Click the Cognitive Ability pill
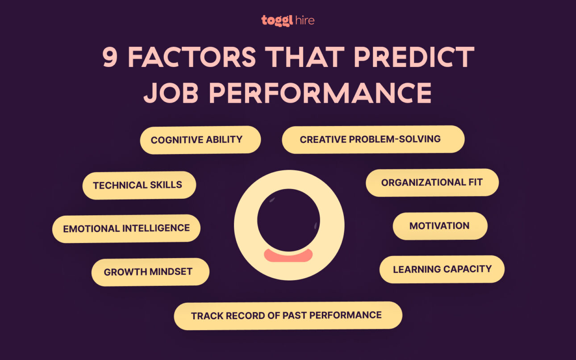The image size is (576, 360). [x=200, y=140]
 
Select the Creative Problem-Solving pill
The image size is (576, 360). [x=373, y=139]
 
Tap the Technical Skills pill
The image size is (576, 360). [x=139, y=185]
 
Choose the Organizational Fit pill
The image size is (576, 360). [x=432, y=182]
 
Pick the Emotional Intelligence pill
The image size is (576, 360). [x=126, y=229]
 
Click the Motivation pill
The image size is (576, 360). [x=440, y=226]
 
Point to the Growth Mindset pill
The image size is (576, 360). [x=150, y=272]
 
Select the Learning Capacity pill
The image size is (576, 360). [x=442, y=269]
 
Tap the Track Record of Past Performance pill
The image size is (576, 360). [x=288, y=316]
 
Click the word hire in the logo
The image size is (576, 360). [x=305, y=20]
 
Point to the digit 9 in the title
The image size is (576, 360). [x=110, y=57]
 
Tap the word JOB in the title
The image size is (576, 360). [x=171, y=93]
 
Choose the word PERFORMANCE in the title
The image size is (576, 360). [x=320, y=93]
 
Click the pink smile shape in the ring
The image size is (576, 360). [x=288, y=255]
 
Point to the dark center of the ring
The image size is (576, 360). [x=288, y=219]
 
